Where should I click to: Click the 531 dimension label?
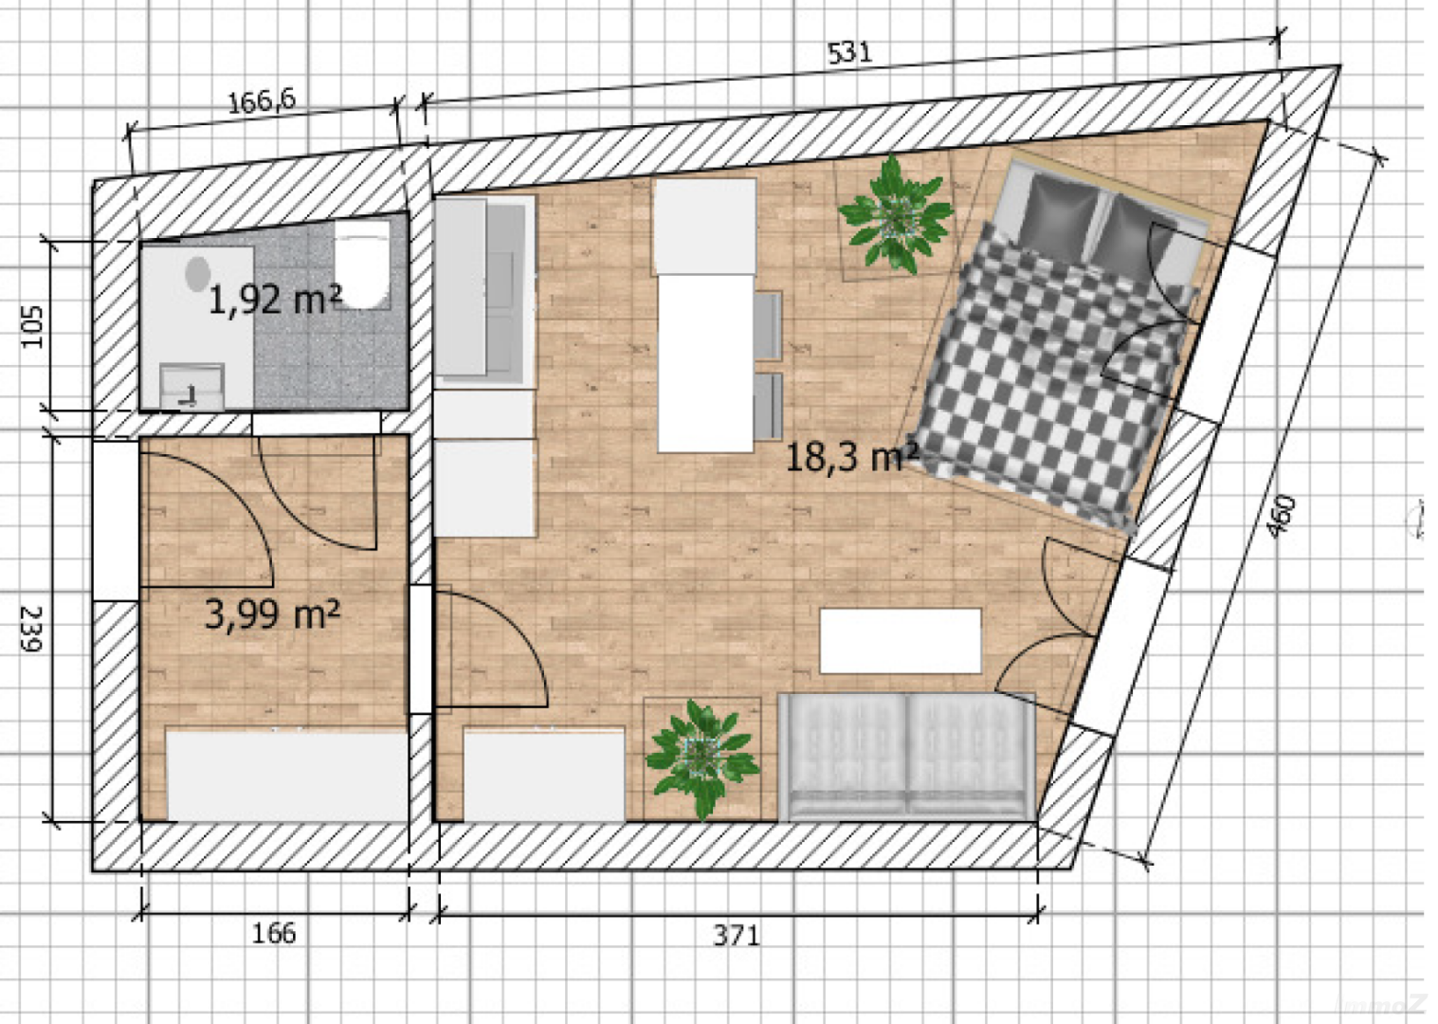[x=848, y=52]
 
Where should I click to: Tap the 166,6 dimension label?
[x=261, y=101]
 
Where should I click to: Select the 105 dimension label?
[x=31, y=325]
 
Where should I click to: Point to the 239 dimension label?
[x=31, y=628]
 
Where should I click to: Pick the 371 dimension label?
[x=736, y=936]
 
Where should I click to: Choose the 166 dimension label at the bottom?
[x=273, y=934]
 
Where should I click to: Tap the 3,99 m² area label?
[x=272, y=614]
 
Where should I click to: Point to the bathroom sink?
[x=192, y=384]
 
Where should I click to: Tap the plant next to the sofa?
[x=701, y=756]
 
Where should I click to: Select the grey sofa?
[x=906, y=756]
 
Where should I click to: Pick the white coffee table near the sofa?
[x=900, y=641]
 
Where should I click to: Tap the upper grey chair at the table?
[x=768, y=325]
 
